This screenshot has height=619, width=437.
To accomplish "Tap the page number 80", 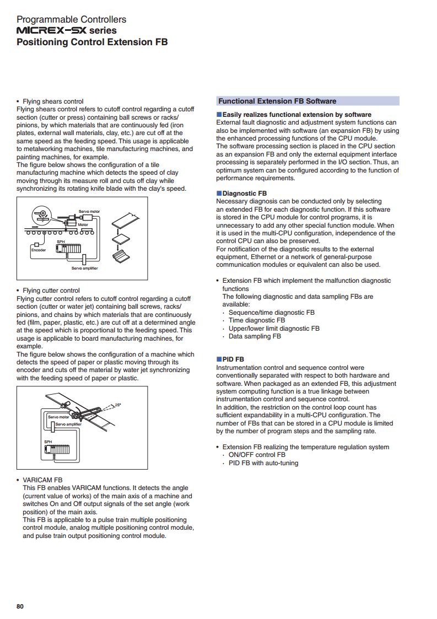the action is (x=20, y=606).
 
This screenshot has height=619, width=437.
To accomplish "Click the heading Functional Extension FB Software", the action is (x=277, y=101).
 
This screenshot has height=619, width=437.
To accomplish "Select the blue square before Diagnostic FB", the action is (x=219, y=193).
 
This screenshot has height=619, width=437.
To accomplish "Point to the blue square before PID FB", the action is (x=219, y=359).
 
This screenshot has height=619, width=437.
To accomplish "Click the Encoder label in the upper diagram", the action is (x=39, y=250).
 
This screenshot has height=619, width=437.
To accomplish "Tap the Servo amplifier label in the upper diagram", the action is (x=84, y=268).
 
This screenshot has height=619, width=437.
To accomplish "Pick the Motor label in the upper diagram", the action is (x=83, y=225).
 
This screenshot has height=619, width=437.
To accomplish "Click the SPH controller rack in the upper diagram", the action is (x=69, y=248).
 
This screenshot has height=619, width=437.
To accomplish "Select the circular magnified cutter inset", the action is (x=41, y=215).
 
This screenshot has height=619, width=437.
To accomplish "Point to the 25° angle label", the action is (x=117, y=405).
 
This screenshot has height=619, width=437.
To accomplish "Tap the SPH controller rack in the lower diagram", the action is (x=57, y=449).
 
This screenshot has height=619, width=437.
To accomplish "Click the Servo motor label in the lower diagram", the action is (x=58, y=417).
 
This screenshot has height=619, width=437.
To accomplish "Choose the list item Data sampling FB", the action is (x=255, y=336).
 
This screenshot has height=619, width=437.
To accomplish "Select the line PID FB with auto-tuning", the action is (x=263, y=463).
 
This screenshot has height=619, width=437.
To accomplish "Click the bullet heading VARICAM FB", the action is (x=42, y=480).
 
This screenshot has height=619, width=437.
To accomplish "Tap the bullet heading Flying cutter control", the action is (x=51, y=290).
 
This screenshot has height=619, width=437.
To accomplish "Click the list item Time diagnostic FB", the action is (x=257, y=321).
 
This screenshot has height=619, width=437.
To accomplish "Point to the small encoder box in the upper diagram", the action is (x=37, y=245).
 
